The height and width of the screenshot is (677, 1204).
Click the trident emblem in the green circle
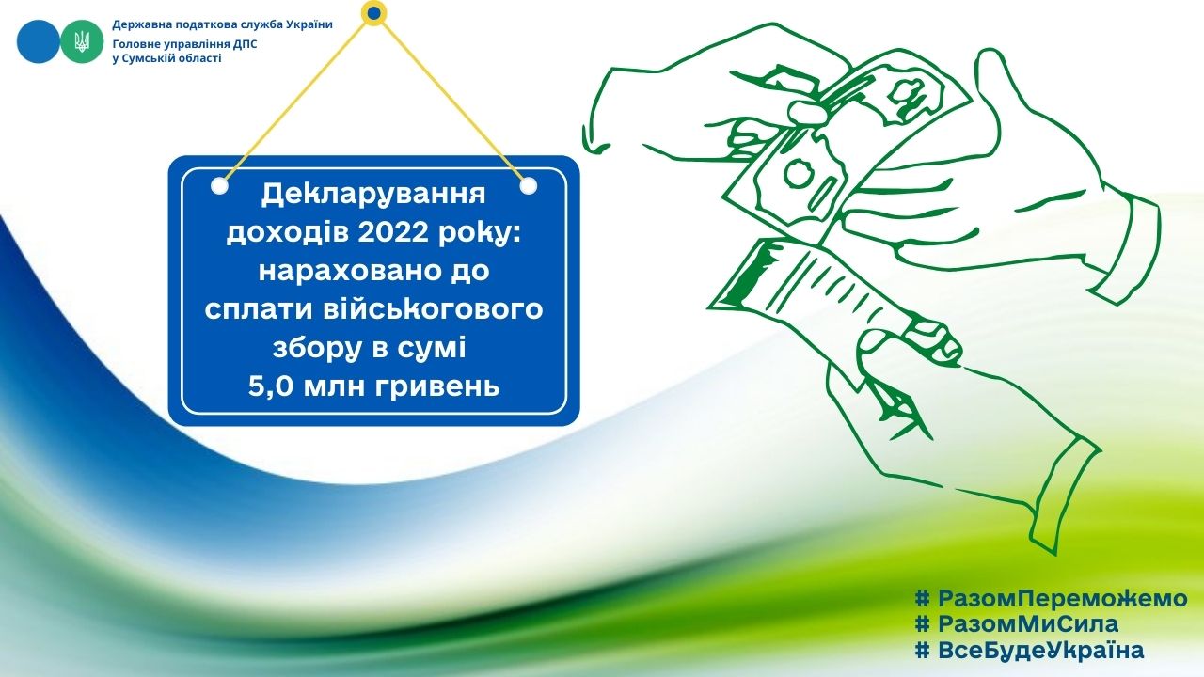[x=82, y=41]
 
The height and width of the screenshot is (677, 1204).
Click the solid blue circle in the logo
[x=39, y=41]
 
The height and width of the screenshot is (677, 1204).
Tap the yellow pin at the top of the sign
[x=374, y=12]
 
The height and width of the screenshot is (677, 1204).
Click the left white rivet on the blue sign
[x=219, y=186]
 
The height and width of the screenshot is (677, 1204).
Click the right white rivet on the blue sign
[x=529, y=186]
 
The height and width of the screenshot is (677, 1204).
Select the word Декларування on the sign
[x=373, y=195]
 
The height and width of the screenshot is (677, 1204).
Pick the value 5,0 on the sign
[x=271, y=386]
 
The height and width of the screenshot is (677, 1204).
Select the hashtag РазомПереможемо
[x=1052, y=598]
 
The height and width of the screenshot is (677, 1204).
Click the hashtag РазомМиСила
[x=1017, y=624]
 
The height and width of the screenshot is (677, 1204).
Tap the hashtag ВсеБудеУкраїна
[x=1029, y=651]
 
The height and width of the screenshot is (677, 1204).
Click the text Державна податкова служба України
[x=223, y=24]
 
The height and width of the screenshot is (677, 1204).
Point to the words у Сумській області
[x=166, y=58]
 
